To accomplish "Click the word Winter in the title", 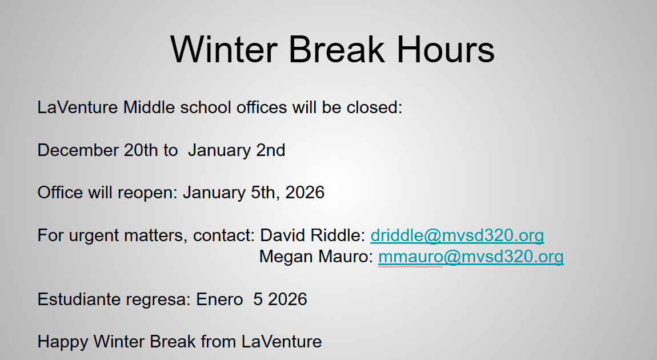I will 223,49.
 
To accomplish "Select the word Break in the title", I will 336,49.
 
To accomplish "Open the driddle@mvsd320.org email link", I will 457,235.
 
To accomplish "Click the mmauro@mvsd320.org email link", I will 471,257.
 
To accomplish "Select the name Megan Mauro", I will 316,257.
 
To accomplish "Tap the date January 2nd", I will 237,150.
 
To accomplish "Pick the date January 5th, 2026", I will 254,193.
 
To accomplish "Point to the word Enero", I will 220,299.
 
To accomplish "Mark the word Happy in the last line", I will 62,342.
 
